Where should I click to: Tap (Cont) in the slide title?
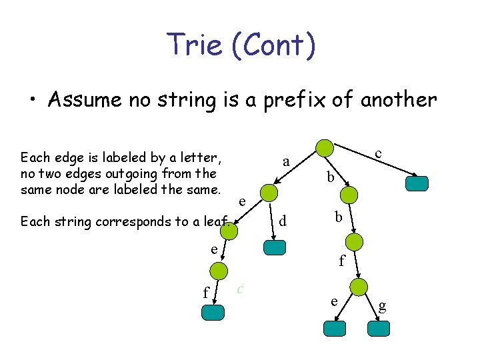tap(279, 45)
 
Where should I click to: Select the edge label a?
tap(286, 161)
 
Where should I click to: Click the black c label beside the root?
tap(378, 153)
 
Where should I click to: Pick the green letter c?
tap(240, 288)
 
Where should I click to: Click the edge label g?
tap(383, 307)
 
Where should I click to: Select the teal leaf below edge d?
tap(275, 247)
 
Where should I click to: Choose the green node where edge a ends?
tap(268, 192)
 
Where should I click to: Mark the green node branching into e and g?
tap(359, 287)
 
